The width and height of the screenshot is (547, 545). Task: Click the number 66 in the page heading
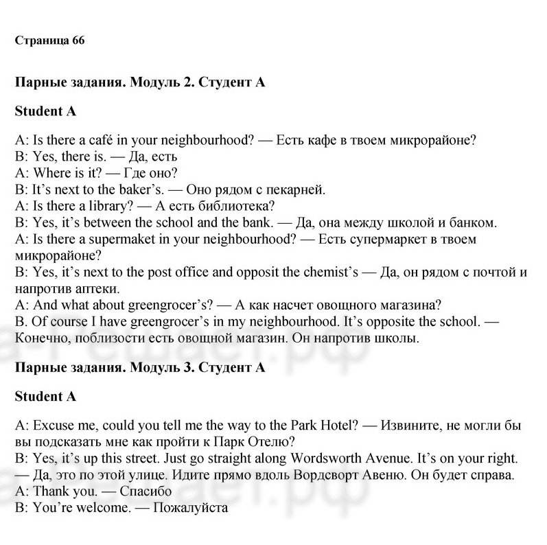pyautogui.click(x=78, y=40)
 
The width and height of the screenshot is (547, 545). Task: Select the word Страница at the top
pyautogui.click(x=40, y=40)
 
